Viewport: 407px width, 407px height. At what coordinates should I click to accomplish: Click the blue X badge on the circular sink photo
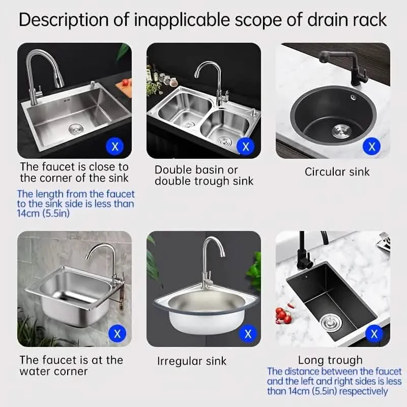tap(372, 147)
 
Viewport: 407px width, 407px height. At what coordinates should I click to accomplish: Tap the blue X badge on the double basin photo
tap(246, 147)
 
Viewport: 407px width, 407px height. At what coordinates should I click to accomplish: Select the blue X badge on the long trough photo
tap(374, 334)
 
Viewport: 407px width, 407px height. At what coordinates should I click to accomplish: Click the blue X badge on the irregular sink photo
tap(248, 334)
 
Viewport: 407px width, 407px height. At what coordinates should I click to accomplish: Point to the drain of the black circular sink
tap(340, 131)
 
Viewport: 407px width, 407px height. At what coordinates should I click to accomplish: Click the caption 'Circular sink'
tap(337, 171)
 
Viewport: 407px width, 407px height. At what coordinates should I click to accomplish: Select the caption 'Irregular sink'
tap(192, 361)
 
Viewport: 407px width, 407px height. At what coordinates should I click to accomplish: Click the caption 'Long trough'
tap(330, 360)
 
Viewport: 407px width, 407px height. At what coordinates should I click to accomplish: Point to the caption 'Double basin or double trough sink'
tap(204, 176)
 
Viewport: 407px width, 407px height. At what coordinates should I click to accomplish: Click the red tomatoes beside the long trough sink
tap(283, 315)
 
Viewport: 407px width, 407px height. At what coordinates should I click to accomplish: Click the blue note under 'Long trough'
tap(334, 382)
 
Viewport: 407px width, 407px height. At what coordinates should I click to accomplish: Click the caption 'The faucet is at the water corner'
tap(71, 366)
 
